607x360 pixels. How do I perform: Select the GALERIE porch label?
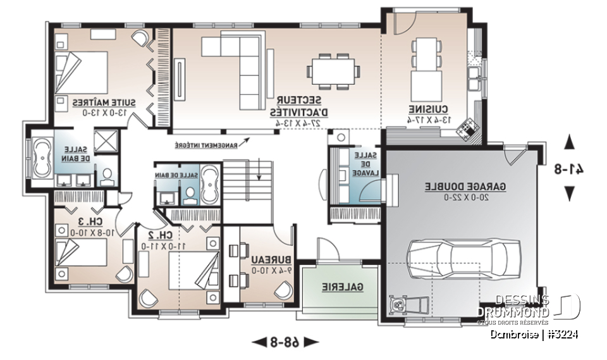(342, 287)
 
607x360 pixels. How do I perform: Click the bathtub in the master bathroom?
(43, 158)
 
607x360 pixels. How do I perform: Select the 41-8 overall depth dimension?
(570, 169)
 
